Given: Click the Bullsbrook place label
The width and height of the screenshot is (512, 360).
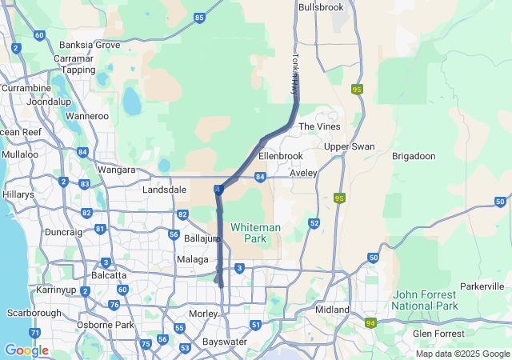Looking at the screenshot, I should point(320,7).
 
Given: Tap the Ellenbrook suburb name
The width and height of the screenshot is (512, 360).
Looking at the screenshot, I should point(281,155).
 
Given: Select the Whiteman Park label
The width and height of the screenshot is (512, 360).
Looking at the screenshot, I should point(255,233).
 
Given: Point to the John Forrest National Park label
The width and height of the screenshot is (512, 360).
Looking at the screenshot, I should point(425,300).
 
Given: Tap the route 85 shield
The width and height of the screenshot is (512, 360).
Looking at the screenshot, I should point(198,16).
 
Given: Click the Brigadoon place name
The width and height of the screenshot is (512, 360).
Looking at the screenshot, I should point(412,157).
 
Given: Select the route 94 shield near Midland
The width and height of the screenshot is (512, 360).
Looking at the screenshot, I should point(370,323).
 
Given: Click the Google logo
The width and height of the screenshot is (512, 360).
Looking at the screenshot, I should point(26,350).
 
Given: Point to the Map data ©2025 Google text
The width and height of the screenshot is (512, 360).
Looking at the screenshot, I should point(462,354).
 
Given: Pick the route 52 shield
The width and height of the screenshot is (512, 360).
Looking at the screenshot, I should point(314,223).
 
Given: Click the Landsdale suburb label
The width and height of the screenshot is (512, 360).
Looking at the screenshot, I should point(164,190).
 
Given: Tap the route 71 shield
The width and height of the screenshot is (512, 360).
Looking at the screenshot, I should point(34,332).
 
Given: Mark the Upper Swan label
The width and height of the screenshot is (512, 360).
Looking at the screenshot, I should point(349,146).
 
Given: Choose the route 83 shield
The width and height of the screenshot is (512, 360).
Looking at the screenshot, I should point(85,184).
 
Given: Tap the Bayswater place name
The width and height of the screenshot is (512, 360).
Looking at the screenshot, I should point(224,342).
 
